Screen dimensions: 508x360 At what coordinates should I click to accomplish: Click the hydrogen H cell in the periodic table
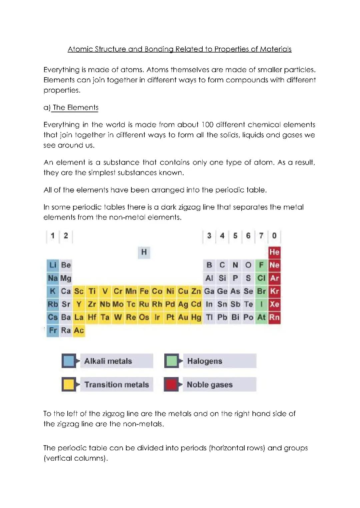pyautogui.click(x=144, y=252)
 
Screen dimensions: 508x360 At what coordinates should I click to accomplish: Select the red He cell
pyautogui.click(x=274, y=252)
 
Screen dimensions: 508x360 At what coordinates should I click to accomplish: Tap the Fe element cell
pyautogui.click(x=144, y=291)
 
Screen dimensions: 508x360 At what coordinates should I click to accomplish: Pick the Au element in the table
pyautogui.click(x=183, y=317)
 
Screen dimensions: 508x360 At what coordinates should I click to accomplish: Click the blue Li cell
pyautogui.click(x=53, y=265)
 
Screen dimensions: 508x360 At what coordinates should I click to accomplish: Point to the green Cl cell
pyautogui.click(x=261, y=278)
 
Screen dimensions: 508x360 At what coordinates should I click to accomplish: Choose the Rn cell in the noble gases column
pyautogui.click(x=274, y=317)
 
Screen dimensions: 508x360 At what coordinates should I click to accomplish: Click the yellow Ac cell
pyautogui.click(x=79, y=330)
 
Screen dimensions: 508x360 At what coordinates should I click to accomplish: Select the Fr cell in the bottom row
pyautogui.click(x=53, y=330)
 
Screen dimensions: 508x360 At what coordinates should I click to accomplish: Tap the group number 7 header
pyautogui.click(x=261, y=236)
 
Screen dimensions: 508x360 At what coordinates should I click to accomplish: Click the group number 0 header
pyautogui.click(x=274, y=236)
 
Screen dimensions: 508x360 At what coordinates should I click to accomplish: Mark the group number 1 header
pyautogui.click(x=53, y=236)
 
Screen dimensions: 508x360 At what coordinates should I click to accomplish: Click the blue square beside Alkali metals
pyautogui.click(x=69, y=361)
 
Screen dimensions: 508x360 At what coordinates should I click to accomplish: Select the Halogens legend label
pyautogui.click(x=205, y=361)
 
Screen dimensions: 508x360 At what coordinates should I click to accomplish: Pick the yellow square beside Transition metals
pyautogui.click(x=69, y=384)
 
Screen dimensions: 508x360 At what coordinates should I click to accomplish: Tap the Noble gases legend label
pyautogui.click(x=210, y=385)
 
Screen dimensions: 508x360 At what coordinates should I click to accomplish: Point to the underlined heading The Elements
pyautogui.click(x=75, y=108)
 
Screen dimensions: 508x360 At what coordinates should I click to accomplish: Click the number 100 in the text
pyautogui.click(x=207, y=125)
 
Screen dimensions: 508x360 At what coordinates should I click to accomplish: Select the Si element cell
pyautogui.click(x=222, y=278)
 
